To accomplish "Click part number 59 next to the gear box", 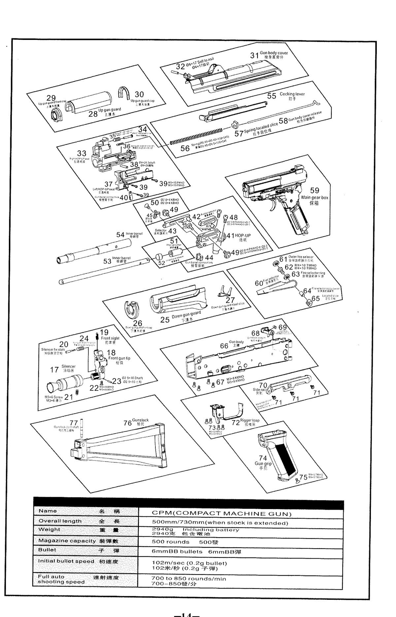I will pyautogui.click(x=314, y=190).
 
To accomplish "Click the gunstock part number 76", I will pyautogui.click(x=127, y=423).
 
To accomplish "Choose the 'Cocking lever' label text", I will pyautogui.click(x=292, y=94).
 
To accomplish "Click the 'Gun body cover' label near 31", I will pyautogui.click(x=274, y=53).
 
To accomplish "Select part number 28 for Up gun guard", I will pyautogui.click(x=93, y=114).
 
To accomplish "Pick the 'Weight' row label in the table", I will pyautogui.click(x=49, y=529).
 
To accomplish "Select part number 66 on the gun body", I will pyautogui.click(x=224, y=346).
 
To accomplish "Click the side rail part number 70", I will pyautogui.click(x=263, y=385).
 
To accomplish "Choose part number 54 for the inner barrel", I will pyautogui.click(x=120, y=235).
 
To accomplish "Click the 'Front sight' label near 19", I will pyautogui.click(x=110, y=338).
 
